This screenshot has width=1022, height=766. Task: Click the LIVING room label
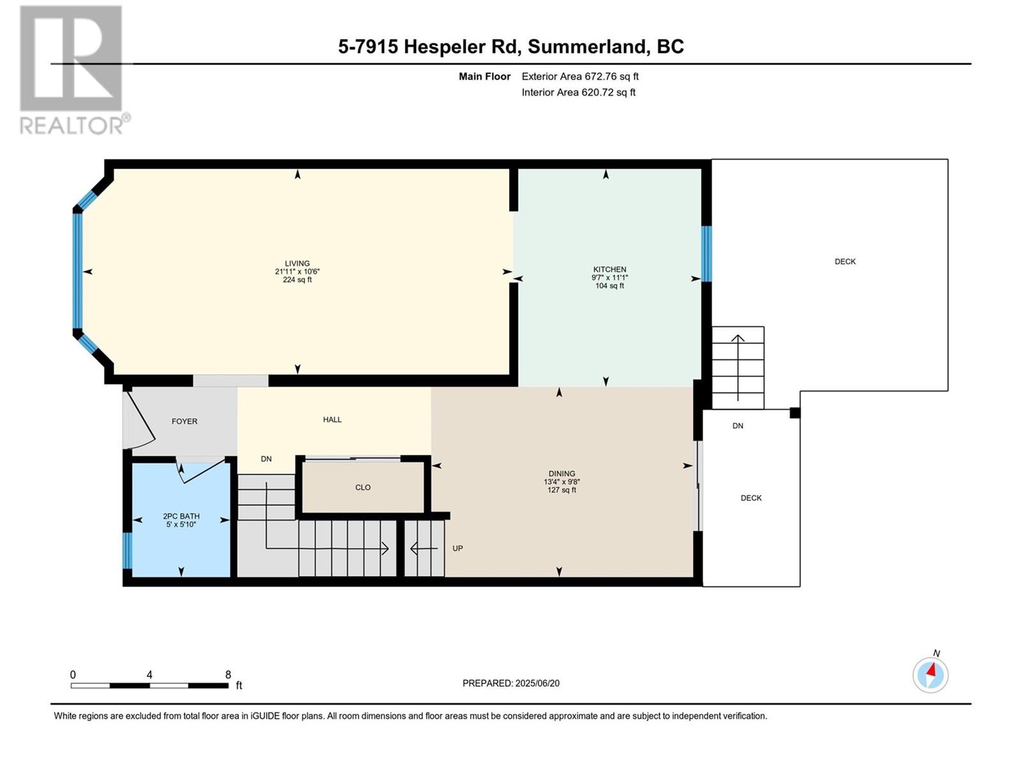point(297,263)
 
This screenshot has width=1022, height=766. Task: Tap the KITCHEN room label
point(609,269)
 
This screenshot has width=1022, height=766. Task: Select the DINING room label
point(561,474)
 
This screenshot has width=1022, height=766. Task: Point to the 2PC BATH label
point(181,516)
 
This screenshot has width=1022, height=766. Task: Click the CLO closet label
point(363,488)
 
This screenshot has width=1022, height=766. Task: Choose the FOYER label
point(185,421)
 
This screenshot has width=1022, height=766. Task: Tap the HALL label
point(332,419)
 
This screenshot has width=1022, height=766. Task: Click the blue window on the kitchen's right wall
point(706,254)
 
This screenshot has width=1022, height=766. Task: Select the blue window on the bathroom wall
point(127,551)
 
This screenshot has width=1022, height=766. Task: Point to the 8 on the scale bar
point(227,675)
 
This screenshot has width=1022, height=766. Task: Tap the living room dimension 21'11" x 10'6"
point(297,272)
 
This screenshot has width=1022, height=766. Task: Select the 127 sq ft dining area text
point(561,490)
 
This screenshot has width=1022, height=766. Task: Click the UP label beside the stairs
point(458,548)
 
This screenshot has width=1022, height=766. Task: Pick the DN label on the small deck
point(738,426)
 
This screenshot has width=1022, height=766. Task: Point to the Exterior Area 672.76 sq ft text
point(580,77)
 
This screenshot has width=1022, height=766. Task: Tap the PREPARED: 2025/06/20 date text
point(511,683)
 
